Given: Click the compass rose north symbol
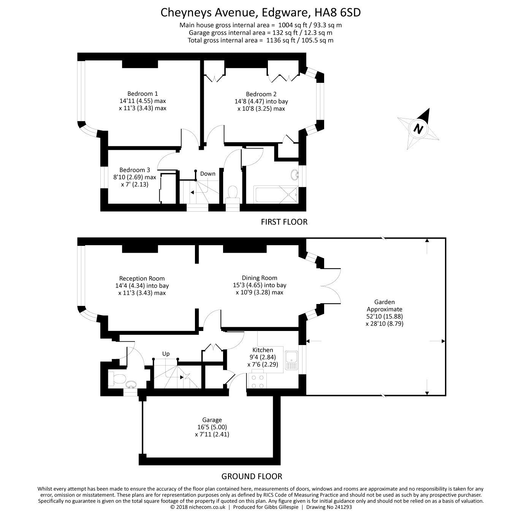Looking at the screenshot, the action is pos(418,128).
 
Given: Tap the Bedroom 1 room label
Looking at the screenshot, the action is pos(142,93).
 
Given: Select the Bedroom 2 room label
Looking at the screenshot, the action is pos(261,94).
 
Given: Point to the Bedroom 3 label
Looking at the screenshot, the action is pos(135,170).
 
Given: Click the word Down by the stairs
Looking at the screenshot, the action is pos(207,174).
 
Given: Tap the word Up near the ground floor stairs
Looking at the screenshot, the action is pos(166,354).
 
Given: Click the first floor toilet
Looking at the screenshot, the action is pos(232,193).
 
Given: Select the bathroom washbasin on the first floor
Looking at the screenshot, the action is pos(294,175).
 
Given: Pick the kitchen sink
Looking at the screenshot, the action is pos(291,360).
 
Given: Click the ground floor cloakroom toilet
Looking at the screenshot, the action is pos(116,378).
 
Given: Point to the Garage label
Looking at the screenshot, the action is pos(212,420).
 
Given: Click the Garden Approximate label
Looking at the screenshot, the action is pos(384,306).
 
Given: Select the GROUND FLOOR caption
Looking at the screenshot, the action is pos(252,476).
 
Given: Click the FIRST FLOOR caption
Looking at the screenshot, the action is pos(284,222).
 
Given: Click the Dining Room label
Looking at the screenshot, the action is pos(260,278).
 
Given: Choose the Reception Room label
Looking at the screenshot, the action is pos(142,279).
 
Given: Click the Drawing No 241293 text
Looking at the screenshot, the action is pos(329,507).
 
